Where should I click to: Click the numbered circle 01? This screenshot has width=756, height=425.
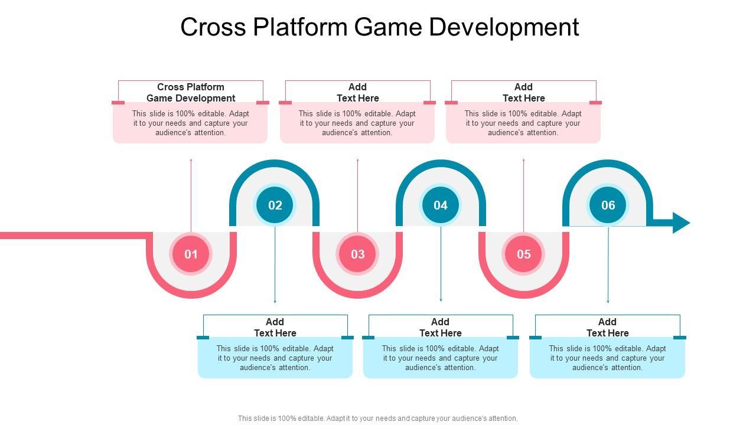click(x=191, y=254)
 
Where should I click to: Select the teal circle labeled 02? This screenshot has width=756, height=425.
click(x=275, y=205)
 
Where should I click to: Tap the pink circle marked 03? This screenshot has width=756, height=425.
click(x=357, y=254)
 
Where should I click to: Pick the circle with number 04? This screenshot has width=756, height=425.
click(x=441, y=205)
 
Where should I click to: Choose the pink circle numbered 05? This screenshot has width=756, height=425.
click(x=524, y=254)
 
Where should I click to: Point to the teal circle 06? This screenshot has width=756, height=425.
click(x=608, y=205)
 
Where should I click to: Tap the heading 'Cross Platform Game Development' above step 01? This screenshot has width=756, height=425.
click(x=191, y=93)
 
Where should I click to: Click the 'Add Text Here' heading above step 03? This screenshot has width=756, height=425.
click(x=357, y=93)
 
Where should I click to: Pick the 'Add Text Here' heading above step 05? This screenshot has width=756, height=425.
click(x=523, y=93)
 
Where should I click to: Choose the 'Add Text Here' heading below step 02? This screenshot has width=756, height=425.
click(x=275, y=327)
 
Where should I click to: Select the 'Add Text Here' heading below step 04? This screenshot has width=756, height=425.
click(x=441, y=327)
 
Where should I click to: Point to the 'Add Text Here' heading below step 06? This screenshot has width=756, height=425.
click(x=607, y=327)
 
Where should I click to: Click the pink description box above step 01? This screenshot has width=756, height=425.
click(x=190, y=123)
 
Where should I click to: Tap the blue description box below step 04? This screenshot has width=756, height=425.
click(x=441, y=358)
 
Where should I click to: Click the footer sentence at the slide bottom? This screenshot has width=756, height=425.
click(x=378, y=419)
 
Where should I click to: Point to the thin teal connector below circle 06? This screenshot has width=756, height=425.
click(x=608, y=266)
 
